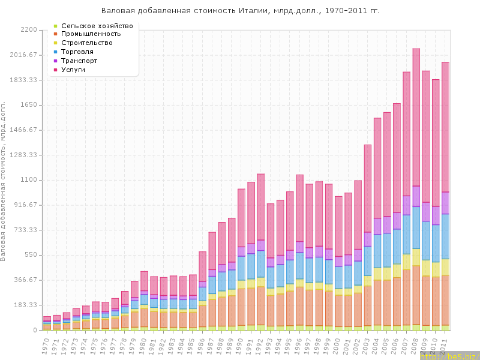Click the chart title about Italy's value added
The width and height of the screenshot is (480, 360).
[240, 11]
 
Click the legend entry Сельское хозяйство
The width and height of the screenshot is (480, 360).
[97, 26]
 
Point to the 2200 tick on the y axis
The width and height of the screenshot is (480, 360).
[29, 29]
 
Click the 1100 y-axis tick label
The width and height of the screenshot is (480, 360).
[29, 180]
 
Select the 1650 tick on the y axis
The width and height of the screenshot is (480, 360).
[29, 105]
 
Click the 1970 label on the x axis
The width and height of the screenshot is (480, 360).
[45, 345]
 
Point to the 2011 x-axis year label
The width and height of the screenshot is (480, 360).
[444, 345]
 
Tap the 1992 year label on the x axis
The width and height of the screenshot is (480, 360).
[259, 345]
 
